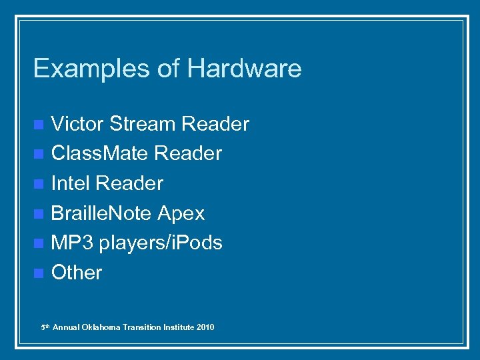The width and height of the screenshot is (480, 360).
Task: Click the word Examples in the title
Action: (73, 69)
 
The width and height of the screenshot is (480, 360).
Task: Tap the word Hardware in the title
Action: (244, 68)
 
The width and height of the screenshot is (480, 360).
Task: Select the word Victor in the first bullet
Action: (77, 124)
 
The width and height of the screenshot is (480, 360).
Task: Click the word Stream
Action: (142, 124)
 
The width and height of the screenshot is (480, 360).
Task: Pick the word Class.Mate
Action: (99, 153)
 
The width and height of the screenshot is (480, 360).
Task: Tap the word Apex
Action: (181, 213)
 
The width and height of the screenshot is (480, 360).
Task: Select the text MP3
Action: (72, 243)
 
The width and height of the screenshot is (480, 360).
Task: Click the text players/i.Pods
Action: (161, 243)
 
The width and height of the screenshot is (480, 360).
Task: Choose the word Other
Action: (77, 272)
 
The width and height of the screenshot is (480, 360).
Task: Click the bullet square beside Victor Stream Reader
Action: (39, 125)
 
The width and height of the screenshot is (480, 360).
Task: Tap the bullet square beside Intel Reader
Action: (39, 183)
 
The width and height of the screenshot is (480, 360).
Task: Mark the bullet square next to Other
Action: (39, 273)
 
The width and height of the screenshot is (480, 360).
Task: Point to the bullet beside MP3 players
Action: (39, 243)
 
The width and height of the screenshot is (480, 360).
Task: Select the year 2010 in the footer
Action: (205, 327)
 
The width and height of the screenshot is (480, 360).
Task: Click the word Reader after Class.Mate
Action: (188, 153)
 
